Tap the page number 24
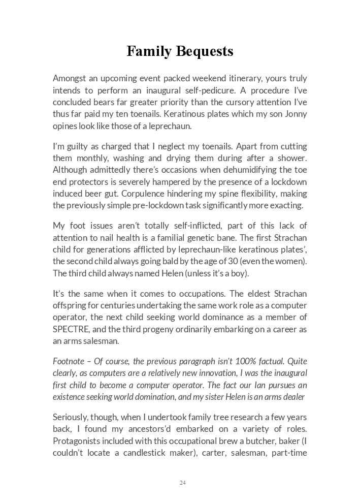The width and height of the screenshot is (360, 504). tap(182, 483)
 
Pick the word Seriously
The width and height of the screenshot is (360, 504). tap(70, 417)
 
